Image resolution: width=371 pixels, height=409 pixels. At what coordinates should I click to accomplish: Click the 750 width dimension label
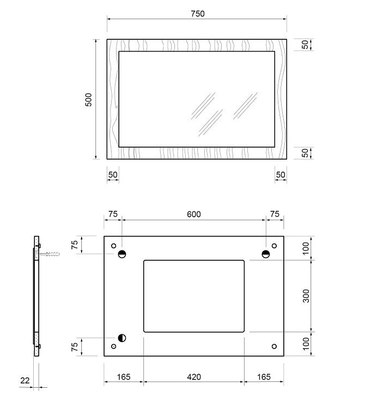coord(198,14)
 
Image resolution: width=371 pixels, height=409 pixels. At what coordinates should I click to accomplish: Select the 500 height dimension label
coord(89,100)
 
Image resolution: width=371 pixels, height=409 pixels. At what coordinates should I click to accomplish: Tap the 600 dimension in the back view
coord(194,214)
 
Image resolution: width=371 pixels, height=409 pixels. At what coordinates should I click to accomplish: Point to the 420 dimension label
coord(194,377)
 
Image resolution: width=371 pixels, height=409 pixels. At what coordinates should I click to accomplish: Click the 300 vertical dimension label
coord(306,296)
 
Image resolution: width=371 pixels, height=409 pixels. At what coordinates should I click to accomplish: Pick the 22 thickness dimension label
coord(25,380)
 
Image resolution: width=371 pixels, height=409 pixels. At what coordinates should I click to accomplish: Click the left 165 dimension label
coord(124,377)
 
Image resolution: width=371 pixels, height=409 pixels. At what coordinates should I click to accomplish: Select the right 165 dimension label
coord(264,377)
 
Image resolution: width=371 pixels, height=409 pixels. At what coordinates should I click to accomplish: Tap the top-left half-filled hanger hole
coord(122,254)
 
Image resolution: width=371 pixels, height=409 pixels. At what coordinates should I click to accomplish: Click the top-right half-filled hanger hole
coord(266,254)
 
